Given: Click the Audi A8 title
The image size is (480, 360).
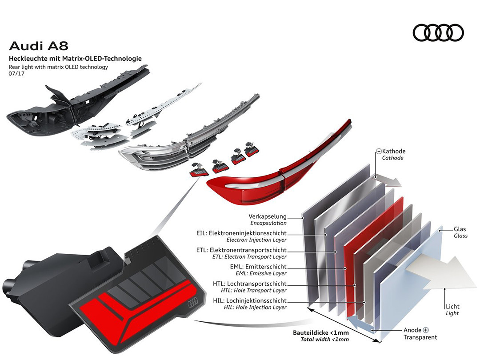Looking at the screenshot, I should point(39,46).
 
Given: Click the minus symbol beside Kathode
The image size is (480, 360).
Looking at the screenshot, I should point(379,152).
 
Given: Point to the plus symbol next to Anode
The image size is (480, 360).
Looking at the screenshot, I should point(426,330).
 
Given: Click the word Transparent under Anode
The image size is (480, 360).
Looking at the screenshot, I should point(420,337).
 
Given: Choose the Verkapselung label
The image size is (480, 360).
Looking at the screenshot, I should point(268,216).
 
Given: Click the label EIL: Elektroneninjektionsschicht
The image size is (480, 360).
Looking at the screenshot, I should point(241,233).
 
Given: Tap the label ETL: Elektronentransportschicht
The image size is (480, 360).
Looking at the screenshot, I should point(241,250).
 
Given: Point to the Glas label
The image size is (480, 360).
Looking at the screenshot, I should point(460,229).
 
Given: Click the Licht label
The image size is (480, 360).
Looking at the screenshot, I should point(452,307).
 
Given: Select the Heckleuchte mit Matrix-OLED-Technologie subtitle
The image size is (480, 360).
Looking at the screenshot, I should point(75,58).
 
